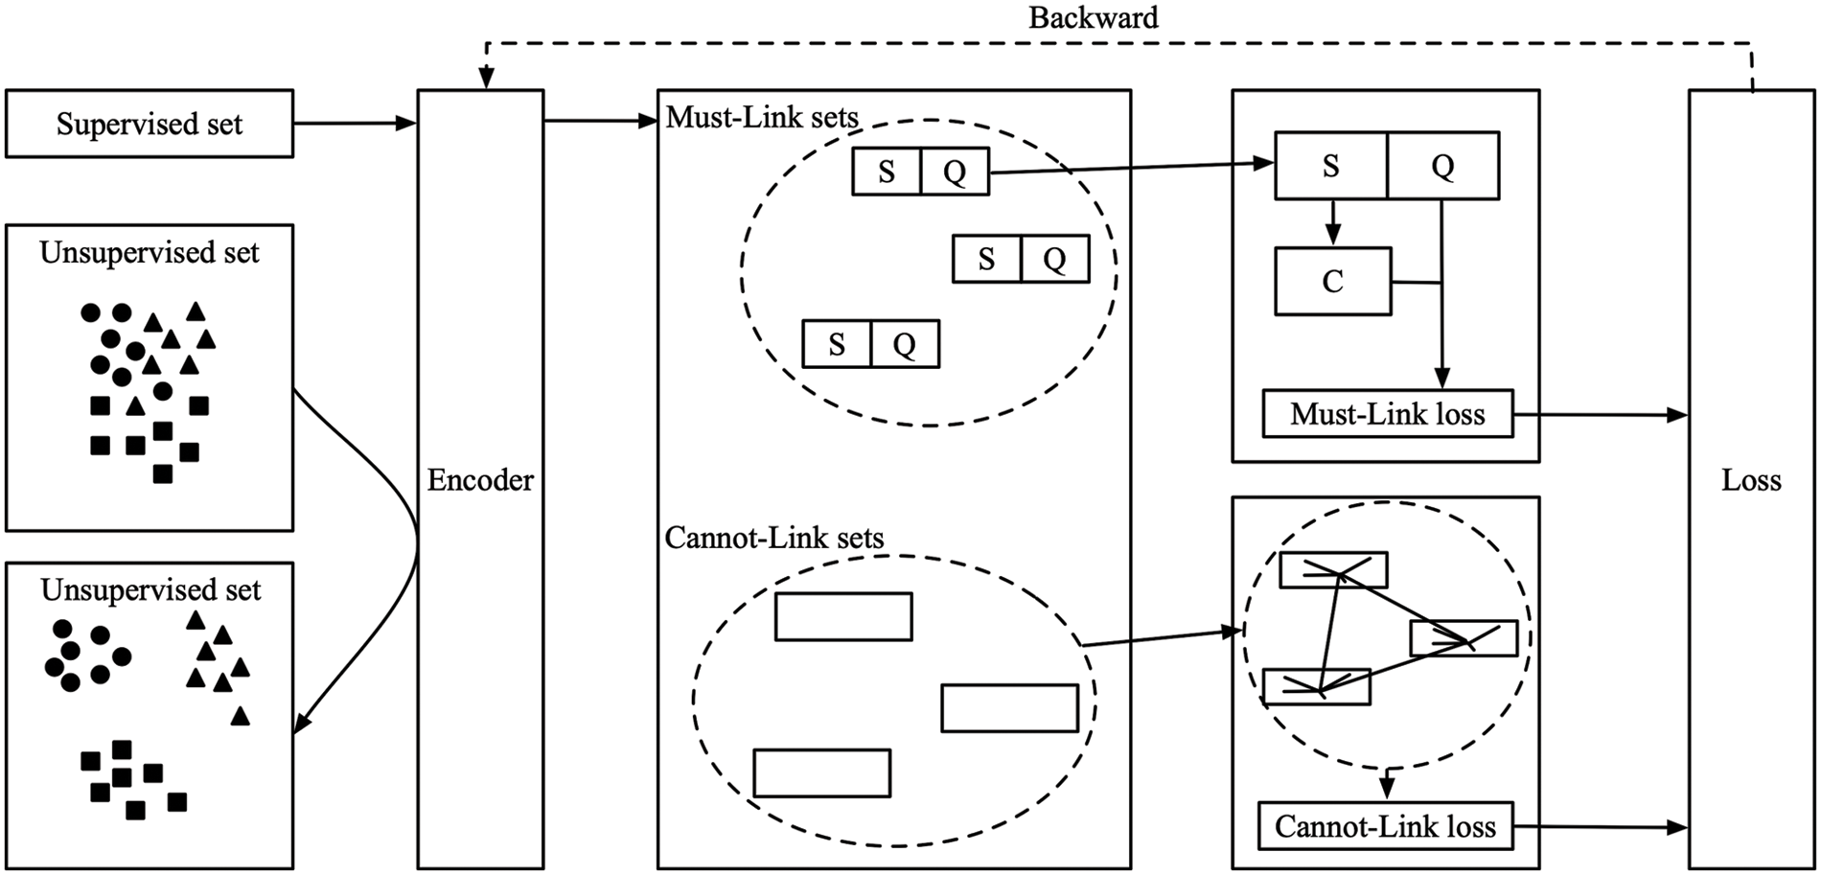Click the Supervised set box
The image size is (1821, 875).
point(150,124)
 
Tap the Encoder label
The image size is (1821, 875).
point(480,480)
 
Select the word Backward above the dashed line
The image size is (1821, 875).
point(1093,17)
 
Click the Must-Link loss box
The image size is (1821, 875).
point(1387,414)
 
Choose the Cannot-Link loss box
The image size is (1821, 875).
point(1385,826)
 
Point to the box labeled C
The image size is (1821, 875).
point(1332,282)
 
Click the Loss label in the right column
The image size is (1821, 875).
point(1751,480)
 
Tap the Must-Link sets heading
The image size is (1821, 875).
point(762,118)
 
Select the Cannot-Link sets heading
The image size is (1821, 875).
point(773,538)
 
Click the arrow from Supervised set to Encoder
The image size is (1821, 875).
point(355,123)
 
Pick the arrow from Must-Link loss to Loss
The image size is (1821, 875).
point(1601,415)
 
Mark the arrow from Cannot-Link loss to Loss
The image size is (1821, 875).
point(1601,826)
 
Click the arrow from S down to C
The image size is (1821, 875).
point(1332,223)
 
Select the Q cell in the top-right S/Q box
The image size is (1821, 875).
point(1442,166)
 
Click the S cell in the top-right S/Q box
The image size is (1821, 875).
point(1330,166)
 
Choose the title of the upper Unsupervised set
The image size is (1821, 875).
point(150,253)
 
